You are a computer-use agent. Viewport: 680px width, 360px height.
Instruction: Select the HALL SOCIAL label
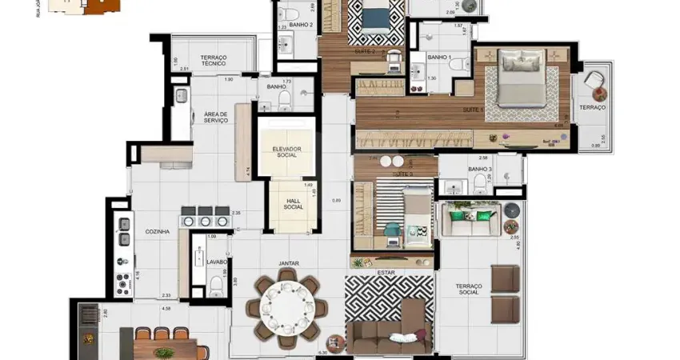pyautogui.click(x=292, y=203)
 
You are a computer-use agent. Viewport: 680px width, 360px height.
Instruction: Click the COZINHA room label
pyautogui.click(x=157, y=231)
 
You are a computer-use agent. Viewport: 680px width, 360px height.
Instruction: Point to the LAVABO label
pyautogui.click(x=217, y=262)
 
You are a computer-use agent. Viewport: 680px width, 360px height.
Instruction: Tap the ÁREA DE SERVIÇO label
pyautogui.click(x=215, y=117)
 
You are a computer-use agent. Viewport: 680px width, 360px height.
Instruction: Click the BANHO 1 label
pyautogui.click(x=438, y=58)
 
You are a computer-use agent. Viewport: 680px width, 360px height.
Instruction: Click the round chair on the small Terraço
pyautogui.click(x=594, y=82)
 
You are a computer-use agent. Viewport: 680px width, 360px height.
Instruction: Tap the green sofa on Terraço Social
pyautogui.click(x=470, y=219)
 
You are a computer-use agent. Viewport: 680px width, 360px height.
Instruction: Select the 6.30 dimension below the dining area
pyautogui.click(x=322, y=353)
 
